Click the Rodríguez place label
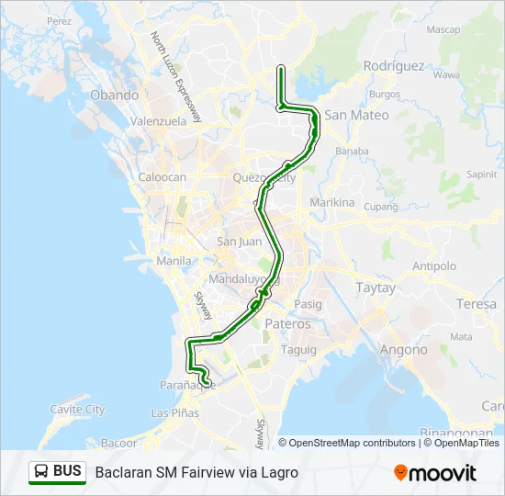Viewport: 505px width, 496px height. click(x=393, y=66)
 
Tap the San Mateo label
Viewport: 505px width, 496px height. click(x=356, y=116)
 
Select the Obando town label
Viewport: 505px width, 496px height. click(x=114, y=95)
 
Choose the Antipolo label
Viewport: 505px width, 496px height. click(x=434, y=266)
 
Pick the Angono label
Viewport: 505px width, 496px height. click(x=403, y=350)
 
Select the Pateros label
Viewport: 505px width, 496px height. click(x=288, y=324)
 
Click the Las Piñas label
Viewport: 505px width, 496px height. click(x=174, y=412)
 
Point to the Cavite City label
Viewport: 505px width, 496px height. click(x=77, y=410)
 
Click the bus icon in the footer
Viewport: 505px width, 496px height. click(x=41, y=472)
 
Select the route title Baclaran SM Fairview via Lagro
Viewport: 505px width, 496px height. click(x=196, y=472)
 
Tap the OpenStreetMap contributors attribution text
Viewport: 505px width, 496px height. click(x=352, y=443)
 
